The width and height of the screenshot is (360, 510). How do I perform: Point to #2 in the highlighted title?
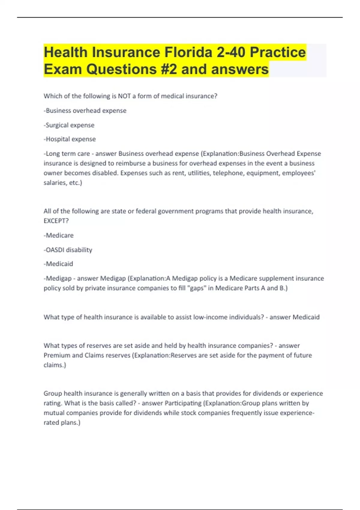tap(166, 69)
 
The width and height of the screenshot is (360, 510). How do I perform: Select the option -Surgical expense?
tap(69, 125)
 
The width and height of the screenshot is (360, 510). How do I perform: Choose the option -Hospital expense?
tap(70, 139)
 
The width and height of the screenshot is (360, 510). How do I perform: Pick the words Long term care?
tap(68, 154)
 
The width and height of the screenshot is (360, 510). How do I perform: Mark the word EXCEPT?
tap(56, 221)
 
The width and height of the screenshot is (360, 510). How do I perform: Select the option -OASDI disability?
tap(68, 250)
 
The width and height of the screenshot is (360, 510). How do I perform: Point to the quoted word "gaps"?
tap(197, 288)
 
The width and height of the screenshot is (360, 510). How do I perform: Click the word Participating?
tap(183, 403)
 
